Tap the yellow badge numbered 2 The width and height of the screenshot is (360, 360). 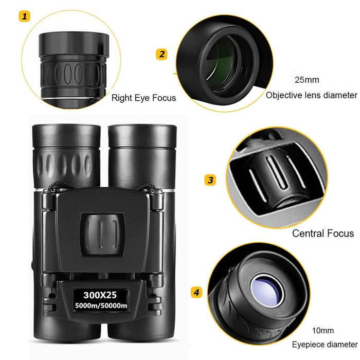pos(162,54)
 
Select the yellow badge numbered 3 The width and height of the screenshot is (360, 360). pos(210,180)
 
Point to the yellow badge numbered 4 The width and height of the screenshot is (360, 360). pos(196,293)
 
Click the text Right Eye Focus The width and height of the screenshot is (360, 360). pos(143,98)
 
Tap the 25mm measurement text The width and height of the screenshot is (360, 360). pos(307,80)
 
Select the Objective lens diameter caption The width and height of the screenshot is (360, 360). pos(311,95)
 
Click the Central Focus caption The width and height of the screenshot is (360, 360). pos(323,233)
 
